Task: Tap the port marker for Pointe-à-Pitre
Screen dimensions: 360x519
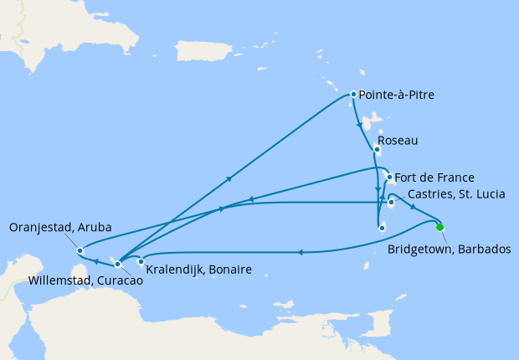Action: pyautogui.click(x=353, y=95)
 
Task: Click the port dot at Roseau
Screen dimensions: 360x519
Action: pyautogui.click(x=375, y=151)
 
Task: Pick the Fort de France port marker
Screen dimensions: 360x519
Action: pyautogui.click(x=389, y=177)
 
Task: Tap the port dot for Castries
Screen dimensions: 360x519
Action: pyautogui.click(x=391, y=203)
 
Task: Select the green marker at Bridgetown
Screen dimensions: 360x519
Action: pyautogui.click(x=440, y=226)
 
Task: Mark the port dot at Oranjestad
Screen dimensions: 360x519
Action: pyautogui.click(x=79, y=250)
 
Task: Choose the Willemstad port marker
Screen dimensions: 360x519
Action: pyautogui.click(x=117, y=264)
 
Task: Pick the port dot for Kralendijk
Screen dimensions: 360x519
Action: pyautogui.click(x=141, y=262)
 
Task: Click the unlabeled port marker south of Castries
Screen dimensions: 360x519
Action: pyautogui.click(x=381, y=227)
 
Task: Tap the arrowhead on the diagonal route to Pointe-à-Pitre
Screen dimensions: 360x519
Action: pyautogui.click(x=229, y=178)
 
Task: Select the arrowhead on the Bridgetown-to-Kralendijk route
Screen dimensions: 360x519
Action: pyautogui.click(x=299, y=250)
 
